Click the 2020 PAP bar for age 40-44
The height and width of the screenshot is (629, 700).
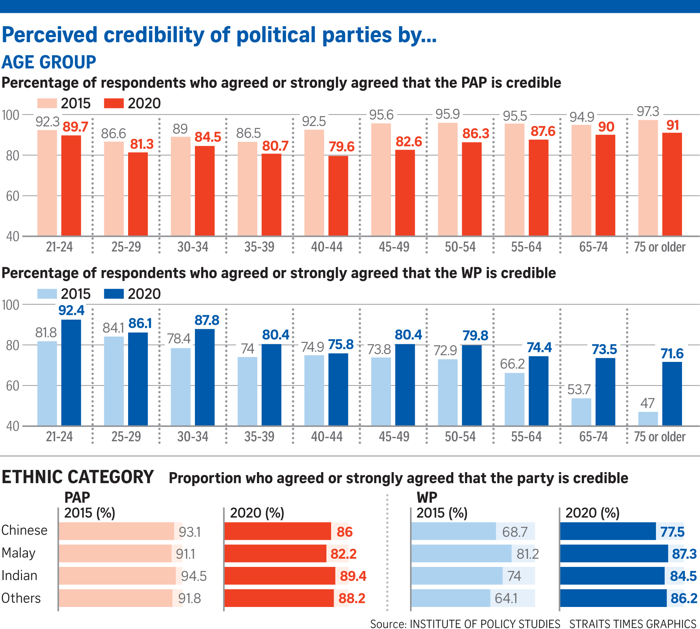click(x=338, y=195)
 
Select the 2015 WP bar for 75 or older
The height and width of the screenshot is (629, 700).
click(x=648, y=418)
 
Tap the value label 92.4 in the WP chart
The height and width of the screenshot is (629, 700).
click(x=71, y=310)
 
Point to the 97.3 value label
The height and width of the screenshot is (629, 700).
click(x=648, y=111)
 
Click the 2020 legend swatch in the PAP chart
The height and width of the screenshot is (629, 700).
click(x=114, y=103)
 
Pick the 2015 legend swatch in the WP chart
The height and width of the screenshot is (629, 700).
click(x=47, y=294)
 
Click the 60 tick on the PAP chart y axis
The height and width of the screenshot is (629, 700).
click(x=12, y=196)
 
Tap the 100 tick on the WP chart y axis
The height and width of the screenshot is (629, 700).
click(x=10, y=305)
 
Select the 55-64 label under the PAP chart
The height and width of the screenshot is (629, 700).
click(x=526, y=247)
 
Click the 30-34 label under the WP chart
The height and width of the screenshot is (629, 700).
click(x=193, y=436)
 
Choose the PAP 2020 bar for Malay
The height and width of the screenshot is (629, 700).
click(x=275, y=553)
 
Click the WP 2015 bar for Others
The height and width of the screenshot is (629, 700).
click(x=451, y=598)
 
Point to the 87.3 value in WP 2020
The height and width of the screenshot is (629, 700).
click(x=684, y=553)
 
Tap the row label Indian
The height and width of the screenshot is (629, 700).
click(x=19, y=575)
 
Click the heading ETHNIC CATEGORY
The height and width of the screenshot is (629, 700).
click(x=78, y=477)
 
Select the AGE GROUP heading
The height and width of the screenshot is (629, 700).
click(x=49, y=62)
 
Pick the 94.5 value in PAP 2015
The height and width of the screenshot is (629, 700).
click(x=194, y=576)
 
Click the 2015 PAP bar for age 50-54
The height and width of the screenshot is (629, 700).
click(x=447, y=179)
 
